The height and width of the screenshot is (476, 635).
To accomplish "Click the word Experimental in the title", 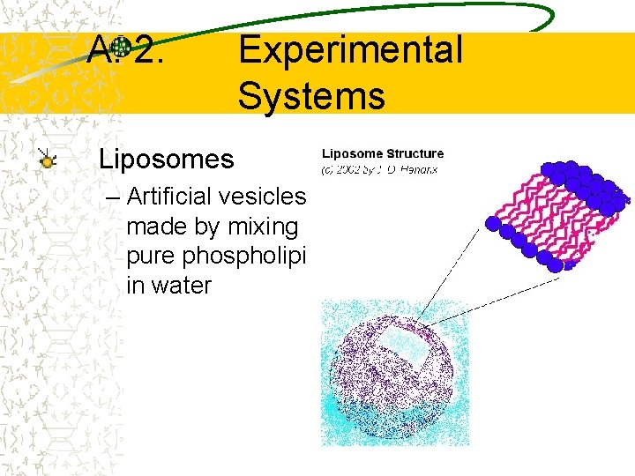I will [349, 50].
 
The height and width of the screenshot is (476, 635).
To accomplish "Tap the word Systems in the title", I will [310, 95].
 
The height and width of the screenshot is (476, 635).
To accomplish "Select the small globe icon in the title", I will [122, 48].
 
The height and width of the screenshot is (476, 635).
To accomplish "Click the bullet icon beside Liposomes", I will [48, 160].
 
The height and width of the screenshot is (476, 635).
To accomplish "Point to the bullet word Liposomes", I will [167, 160].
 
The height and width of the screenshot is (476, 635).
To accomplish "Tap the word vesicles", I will [268, 197].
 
